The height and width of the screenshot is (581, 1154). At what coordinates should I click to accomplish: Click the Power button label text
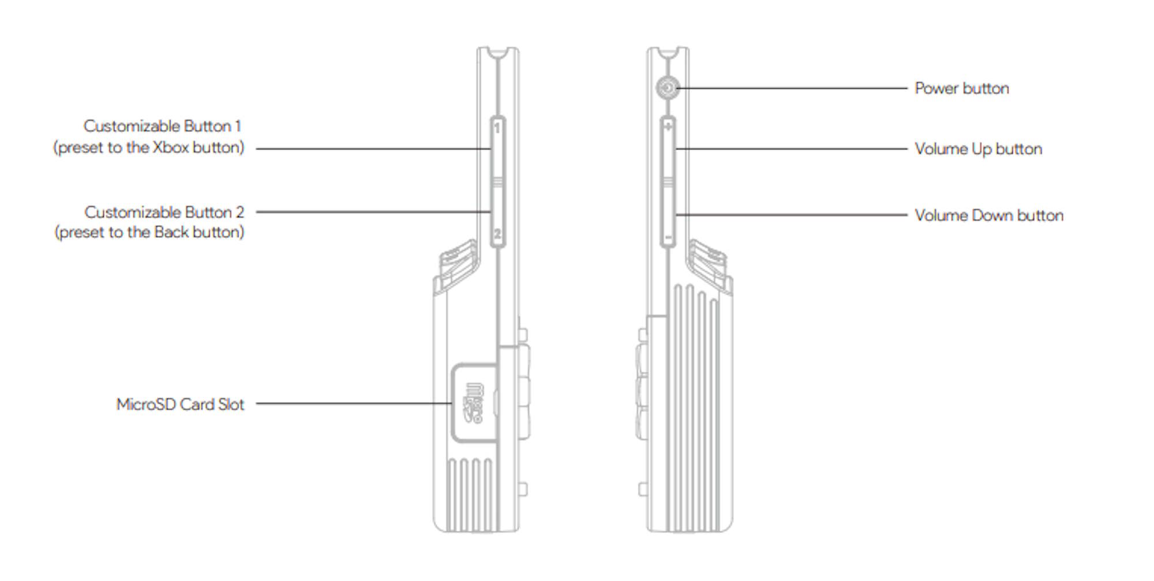pyautogui.click(x=962, y=88)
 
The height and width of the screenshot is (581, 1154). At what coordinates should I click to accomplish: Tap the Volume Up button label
pyautogui.click(x=979, y=149)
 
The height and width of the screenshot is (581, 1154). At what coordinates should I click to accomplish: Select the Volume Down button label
pyautogui.click(x=989, y=215)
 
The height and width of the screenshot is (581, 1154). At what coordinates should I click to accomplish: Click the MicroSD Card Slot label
pyautogui.click(x=180, y=404)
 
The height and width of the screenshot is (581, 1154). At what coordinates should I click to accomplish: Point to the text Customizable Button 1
pyautogui.click(x=162, y=126)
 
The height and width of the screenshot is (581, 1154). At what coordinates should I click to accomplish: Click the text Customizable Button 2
pyautogui.click(x=164, y=212)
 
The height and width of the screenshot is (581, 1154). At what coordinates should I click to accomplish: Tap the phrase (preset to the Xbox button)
pyautogui.click(x=149, y=148)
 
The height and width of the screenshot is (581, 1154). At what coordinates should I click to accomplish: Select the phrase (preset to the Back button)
pyautogui.click(x=149, y=232)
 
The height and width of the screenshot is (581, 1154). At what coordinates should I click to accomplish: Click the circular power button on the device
pyautogui.click(x=667, y=88)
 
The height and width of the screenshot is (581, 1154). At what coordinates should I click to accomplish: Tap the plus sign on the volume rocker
pyautogui.click(x=668, y=126)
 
